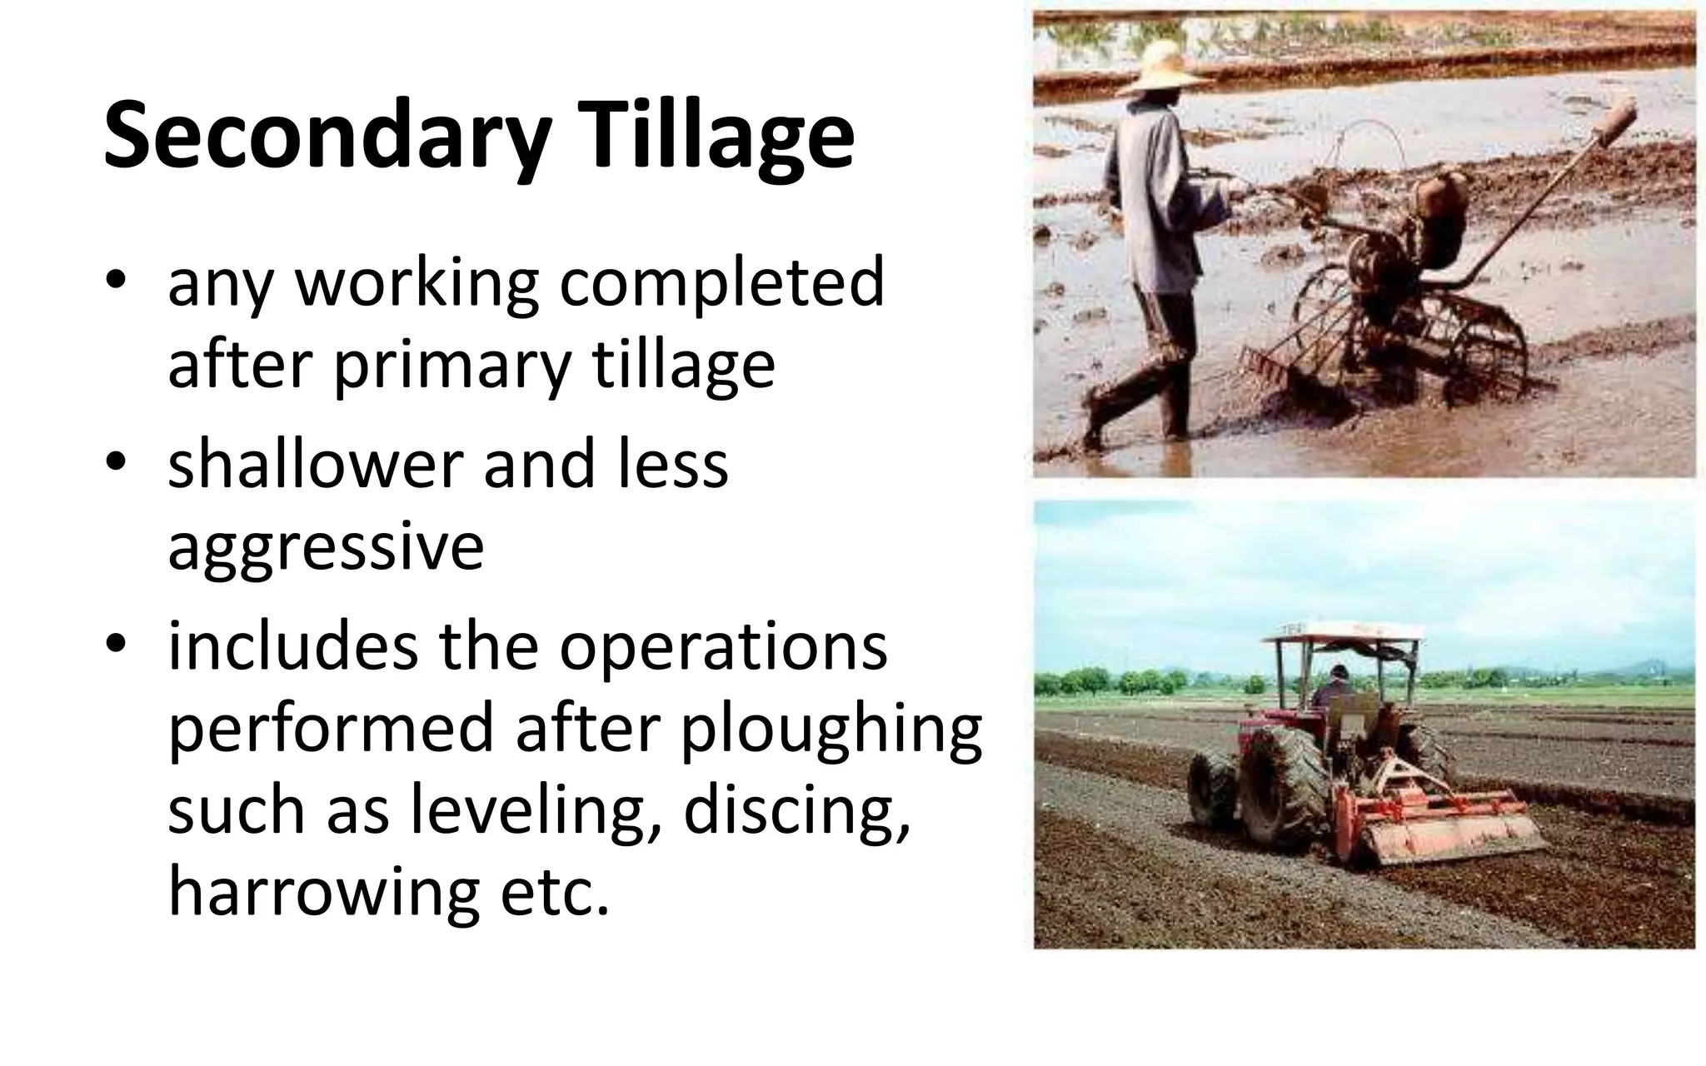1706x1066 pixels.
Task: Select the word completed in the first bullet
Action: pos(721,283)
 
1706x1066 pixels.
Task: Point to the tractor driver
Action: pos(1335,688)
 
